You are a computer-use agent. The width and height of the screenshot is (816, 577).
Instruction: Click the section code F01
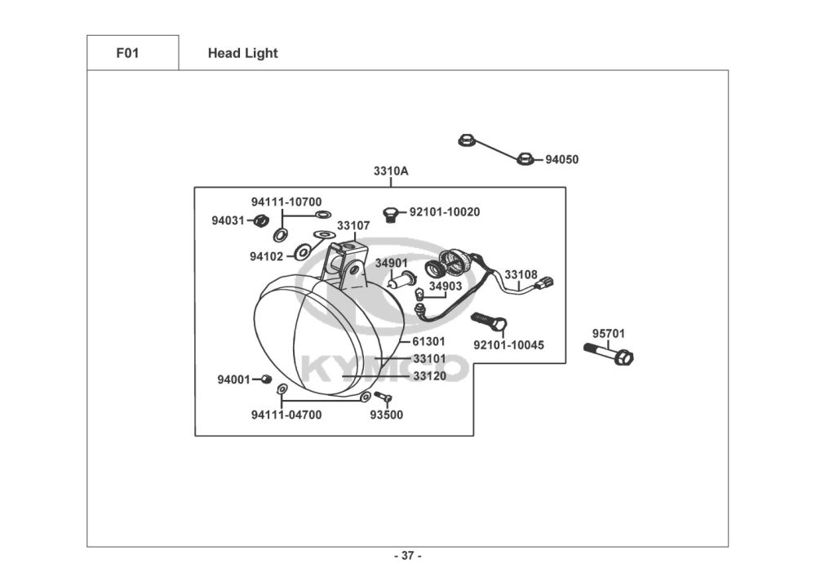point(127,53)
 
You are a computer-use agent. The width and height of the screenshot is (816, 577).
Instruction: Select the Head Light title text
point(242,53)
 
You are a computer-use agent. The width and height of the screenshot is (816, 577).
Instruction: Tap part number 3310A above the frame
point(391,171)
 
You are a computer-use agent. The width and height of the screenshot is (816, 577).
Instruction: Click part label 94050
point(561,160)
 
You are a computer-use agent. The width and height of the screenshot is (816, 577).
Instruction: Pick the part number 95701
point(609,334)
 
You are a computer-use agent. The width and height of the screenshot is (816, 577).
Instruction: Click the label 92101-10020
point(445,212)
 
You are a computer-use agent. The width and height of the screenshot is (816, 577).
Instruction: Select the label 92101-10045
point(508,345)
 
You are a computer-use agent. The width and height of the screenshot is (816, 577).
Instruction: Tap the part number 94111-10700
point(286,202)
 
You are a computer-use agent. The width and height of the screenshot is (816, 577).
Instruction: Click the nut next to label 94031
point(262,220)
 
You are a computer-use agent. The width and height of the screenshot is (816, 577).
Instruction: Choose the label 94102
point(267,256)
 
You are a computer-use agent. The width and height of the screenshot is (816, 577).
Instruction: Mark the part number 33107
point(353,225)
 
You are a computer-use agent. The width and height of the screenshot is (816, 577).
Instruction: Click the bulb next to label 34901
point(399,280)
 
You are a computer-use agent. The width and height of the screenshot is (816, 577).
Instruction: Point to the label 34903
point(446,286)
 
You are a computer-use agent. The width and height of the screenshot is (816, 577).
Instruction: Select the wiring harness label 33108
point(521,275)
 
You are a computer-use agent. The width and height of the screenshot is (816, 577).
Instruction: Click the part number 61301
point(428,341)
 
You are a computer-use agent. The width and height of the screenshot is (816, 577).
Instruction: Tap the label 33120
point(429,376)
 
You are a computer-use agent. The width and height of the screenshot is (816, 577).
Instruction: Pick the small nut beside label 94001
point(265,379)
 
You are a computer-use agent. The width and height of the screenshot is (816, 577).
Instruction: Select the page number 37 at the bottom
point(408,556)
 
